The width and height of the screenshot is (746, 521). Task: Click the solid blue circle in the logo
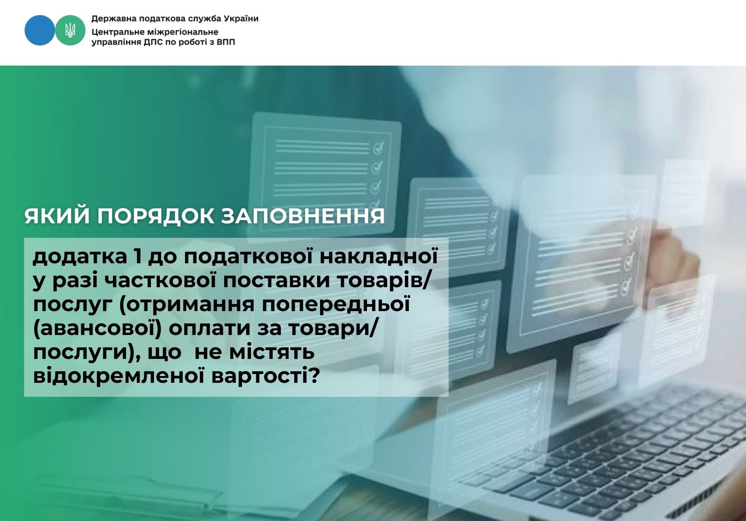(40, 30)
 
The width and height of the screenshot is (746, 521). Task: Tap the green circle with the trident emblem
(70, 30)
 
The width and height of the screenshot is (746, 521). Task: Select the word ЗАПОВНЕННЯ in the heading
(303, 216)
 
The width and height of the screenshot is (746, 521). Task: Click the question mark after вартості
(315, 376)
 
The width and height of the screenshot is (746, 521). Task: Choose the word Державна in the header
(110, 19)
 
